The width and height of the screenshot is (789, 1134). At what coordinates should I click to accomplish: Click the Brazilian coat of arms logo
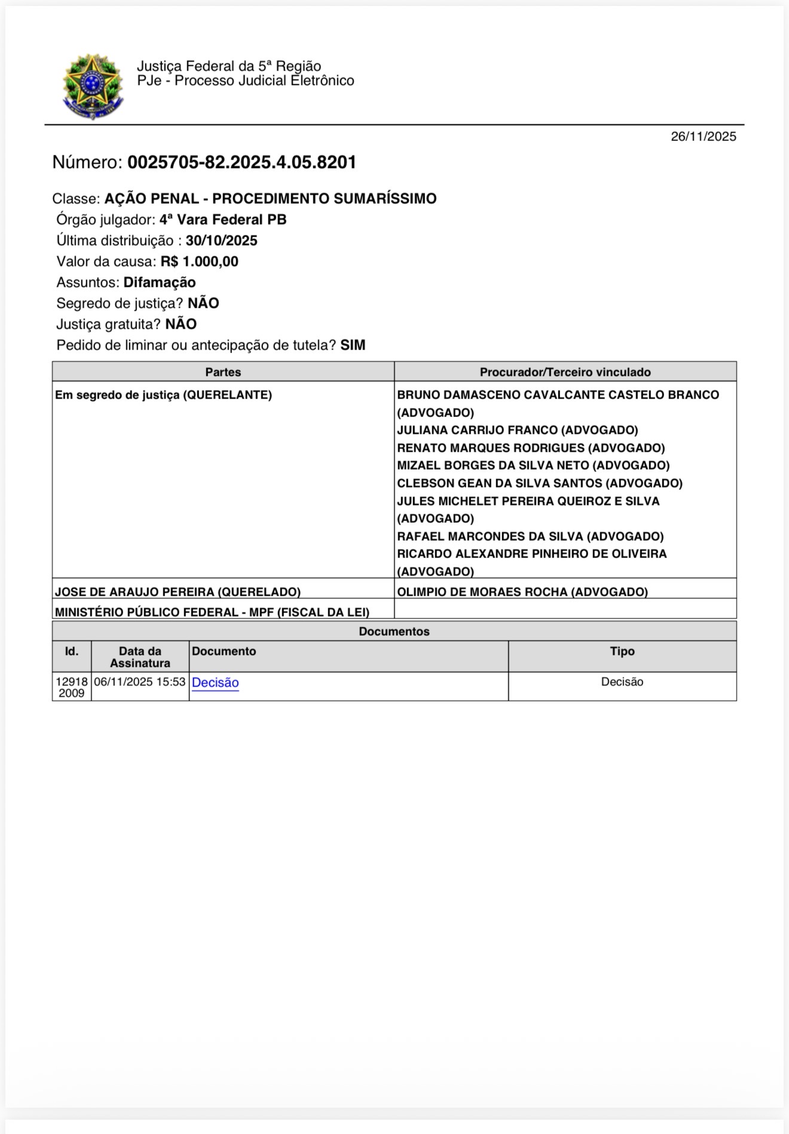[93, 87]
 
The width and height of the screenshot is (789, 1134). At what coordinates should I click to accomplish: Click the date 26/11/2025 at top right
[703, 137]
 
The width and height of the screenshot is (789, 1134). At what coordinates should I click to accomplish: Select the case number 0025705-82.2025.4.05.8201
[241, 163]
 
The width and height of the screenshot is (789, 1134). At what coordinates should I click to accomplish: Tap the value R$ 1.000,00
[199, 262]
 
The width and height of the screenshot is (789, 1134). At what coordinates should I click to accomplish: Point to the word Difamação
[160, 283]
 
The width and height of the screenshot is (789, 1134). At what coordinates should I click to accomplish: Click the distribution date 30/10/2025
[221, 241]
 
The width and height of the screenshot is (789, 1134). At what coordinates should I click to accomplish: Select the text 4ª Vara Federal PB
[222, 220]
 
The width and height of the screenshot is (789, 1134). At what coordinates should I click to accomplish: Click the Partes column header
[223, 372]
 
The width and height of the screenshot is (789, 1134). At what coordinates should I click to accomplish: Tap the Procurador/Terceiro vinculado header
[565, 372]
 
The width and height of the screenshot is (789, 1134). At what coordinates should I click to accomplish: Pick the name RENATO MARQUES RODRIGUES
[491, 448]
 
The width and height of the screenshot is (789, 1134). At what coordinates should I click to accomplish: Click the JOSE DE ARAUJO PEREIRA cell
[178, 592]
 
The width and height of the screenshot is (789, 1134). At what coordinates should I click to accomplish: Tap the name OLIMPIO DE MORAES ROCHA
[482, 592]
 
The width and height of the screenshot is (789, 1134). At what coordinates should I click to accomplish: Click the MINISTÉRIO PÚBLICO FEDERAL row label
[212, 612]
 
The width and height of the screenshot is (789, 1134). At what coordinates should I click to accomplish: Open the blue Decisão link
[215, 683]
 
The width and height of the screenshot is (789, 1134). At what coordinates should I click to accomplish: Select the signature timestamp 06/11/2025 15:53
[140, 682]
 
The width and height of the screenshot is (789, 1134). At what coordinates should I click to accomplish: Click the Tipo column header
[622, 652]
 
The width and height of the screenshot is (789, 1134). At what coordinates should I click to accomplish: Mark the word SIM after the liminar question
[353, 345]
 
